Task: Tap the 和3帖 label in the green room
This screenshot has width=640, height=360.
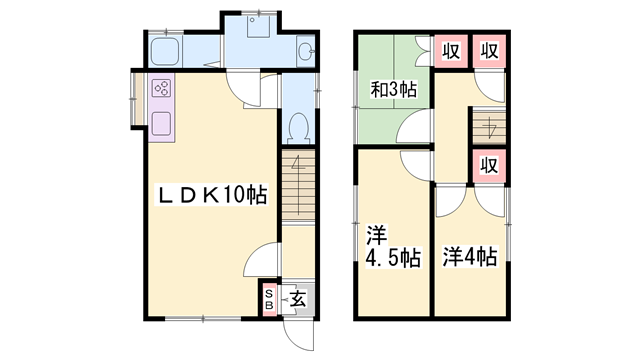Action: pyautogui.click(x=394, y=91)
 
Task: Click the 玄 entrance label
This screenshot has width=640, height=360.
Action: pyautogui.click(x=298, y=296)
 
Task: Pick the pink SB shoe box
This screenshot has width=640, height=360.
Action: pyautogui.click(x=268, y=297)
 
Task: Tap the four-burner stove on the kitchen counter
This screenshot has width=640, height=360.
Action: pyautogui.click(x=161, y=88)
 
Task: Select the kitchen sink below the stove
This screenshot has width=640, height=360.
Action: pyautogui.click(x=161, y=124)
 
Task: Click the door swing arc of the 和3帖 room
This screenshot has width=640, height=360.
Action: pyautogui.click(x=413, y=127)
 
